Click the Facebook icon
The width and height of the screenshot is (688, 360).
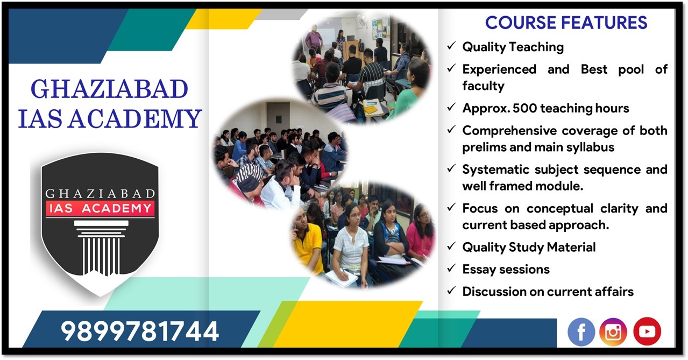coord(581,332)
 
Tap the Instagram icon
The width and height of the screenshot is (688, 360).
coord(613,332)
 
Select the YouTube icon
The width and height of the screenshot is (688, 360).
coord(647,331)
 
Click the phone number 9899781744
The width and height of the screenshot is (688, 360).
coord(140,331)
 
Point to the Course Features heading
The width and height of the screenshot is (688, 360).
coord(566,23)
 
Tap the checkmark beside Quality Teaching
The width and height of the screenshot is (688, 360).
coord(451,46)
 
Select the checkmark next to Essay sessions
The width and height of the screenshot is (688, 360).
coord(451,268)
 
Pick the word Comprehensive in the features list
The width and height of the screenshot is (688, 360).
coord(509,131)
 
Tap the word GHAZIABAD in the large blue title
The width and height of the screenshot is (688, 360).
coord(109,89)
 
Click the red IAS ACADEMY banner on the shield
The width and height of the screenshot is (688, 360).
coord(100,209)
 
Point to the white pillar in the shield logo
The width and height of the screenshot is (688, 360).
coord(101,248)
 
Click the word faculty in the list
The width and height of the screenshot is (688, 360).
coord(483,86)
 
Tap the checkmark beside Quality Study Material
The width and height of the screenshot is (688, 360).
coord(451,246)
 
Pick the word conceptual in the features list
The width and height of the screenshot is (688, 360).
coord(559,209)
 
